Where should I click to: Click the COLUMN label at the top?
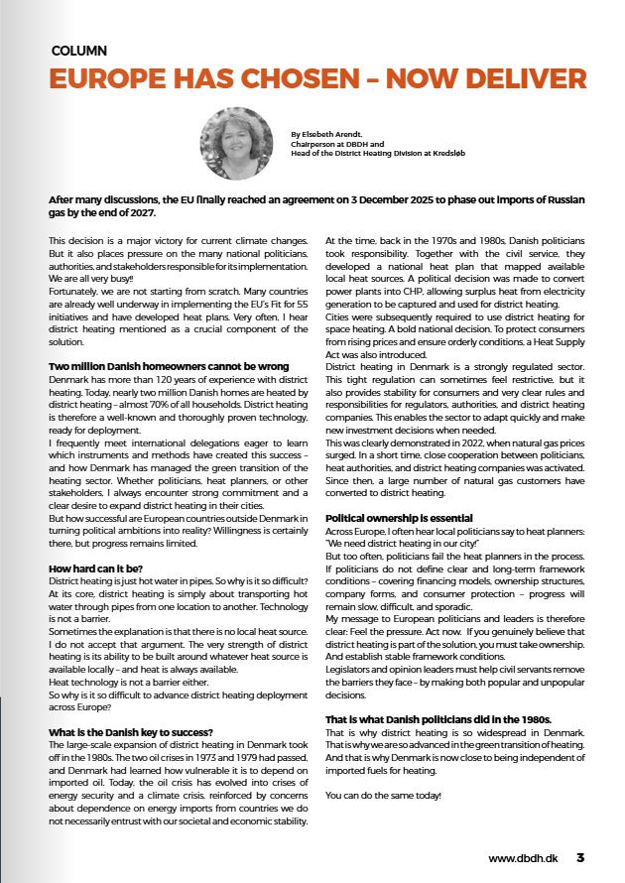pyautogui.click(x=78, y=50)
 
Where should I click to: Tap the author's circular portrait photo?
pyautogui.click(x=236, y=144)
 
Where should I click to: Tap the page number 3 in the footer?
pyautogui.click(x=580, y=857)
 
